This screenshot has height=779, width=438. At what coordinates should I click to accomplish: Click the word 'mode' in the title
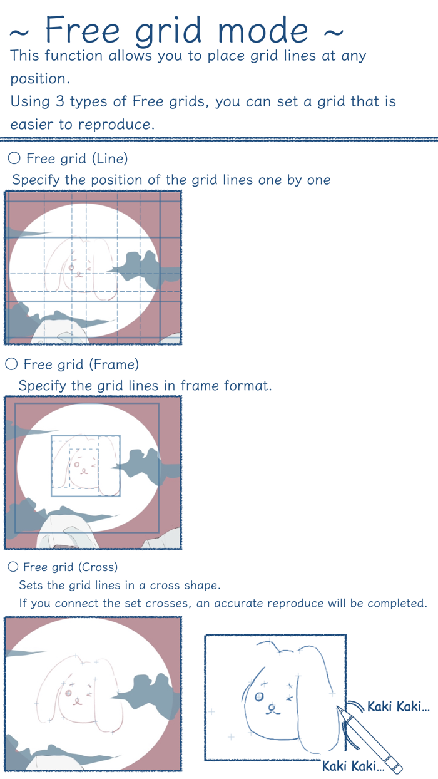point(263,30)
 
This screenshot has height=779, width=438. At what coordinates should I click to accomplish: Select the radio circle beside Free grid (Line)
point(14,158)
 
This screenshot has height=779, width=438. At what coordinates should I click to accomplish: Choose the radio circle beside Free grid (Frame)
point(11,364)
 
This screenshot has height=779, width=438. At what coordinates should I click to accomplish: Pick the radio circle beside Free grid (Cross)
point(13,567)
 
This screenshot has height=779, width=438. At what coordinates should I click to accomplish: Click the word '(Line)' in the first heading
point(110,159)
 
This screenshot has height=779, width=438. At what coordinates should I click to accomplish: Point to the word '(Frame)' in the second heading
point(114,365)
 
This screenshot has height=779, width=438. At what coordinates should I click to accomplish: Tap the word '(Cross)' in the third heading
point(98,567)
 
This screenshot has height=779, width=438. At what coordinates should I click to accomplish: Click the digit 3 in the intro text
point(60,101)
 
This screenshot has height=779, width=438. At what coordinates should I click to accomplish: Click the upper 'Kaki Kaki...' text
point(399,706)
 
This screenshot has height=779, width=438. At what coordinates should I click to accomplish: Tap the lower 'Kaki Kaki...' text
point(354,766)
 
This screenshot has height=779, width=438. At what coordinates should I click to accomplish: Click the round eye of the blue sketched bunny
point(259,696)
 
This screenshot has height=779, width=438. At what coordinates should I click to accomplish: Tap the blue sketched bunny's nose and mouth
point(273,709)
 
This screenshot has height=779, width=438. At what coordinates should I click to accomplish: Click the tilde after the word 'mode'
point(334,33)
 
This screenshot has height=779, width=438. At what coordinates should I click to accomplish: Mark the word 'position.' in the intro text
point(40,79)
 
